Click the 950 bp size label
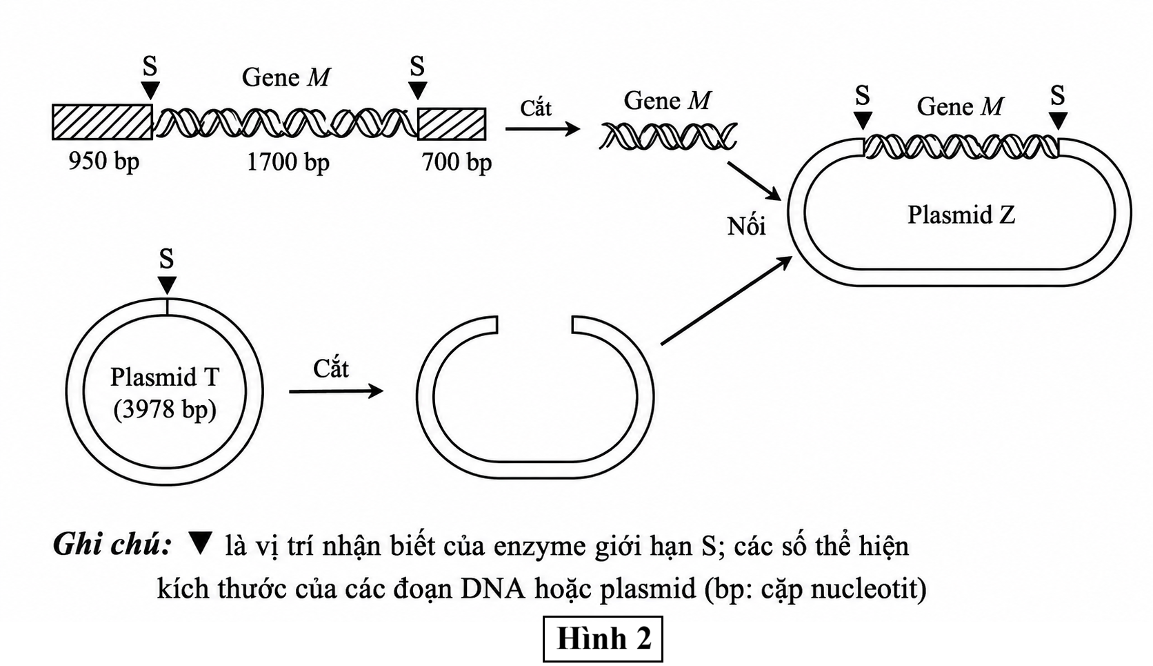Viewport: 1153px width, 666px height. pos(104,161)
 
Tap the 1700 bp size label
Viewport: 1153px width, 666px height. pos(288,162)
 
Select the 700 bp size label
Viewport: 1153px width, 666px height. pos(457,162)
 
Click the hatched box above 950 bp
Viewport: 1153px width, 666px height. pos(103,122)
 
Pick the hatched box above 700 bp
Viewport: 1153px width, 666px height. pos(452,124)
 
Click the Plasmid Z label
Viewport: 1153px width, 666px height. pos(961,215)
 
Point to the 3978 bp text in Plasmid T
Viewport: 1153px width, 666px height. pos(166,410)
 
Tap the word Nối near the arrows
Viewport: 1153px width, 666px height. pos(746,226)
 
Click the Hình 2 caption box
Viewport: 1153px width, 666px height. pos(603,638)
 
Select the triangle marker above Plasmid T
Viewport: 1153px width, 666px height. pos(167,285)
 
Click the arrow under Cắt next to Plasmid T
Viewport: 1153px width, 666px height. pos(336,391)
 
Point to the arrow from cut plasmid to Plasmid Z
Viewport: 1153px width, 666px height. pos(727,300)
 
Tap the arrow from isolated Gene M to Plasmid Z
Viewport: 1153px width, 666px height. pos(754,182)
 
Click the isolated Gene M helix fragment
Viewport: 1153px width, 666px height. pos(668,136)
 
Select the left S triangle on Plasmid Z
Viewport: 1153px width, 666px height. pos(863,121)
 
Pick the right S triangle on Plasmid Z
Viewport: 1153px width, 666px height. pos(1058,121)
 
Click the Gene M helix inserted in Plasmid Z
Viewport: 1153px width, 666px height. pos(961,146)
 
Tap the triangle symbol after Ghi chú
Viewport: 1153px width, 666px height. pos(200,543)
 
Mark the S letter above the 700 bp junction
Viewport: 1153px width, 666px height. pos(417,66)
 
